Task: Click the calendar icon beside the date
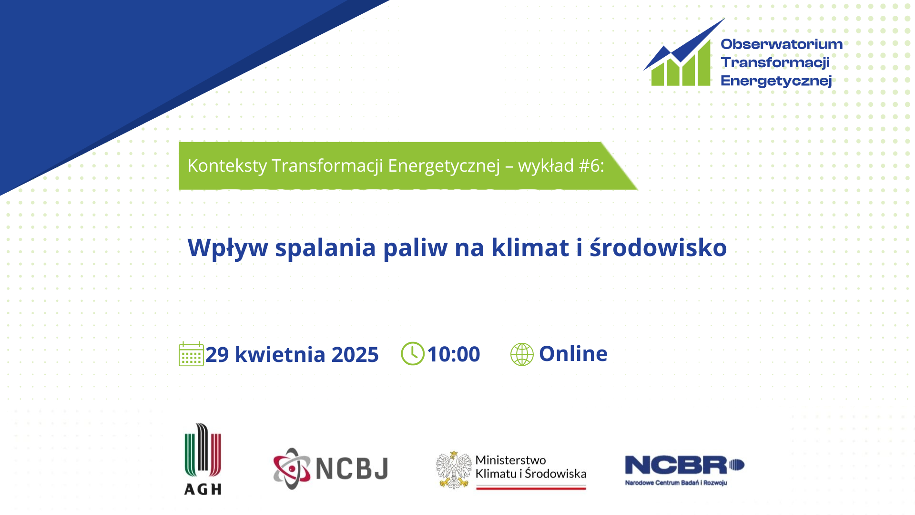tap(191, 354)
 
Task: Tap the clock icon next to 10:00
tap(413, 353)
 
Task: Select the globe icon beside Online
tap(522, 354)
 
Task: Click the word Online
tap(573, 354)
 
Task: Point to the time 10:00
tap(454, 354)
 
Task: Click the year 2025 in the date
tap(355, 355)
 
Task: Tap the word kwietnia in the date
tap(280, 355)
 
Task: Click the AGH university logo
tap(203, 459)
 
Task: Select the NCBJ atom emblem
tap(292, 468)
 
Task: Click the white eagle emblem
tap(454, 470)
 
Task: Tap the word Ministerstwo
tap(511, 460)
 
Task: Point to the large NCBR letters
tap(677, 465)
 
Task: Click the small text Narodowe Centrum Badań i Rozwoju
tap(676, 483)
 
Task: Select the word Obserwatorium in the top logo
tap(782, 44)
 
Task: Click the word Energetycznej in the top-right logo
tap(776, 81)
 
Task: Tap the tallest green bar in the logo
tap(704, 62)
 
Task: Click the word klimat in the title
tap(530, 247)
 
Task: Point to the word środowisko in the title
tap(658, 247)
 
